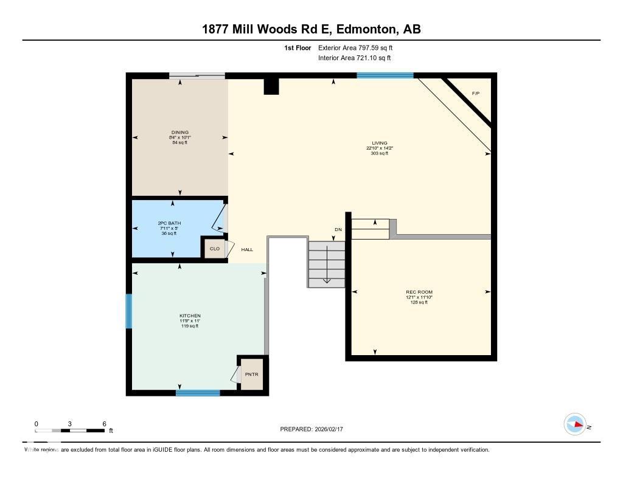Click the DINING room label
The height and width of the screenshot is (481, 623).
point(179,132)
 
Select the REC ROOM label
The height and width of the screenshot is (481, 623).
point(419,292)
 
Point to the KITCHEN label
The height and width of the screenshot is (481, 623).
point(190,316)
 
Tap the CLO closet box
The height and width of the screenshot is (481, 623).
point(214,249)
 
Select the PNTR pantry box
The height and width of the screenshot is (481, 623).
point(251,374)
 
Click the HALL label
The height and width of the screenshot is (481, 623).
point(247,249)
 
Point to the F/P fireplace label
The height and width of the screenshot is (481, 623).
point(476,94)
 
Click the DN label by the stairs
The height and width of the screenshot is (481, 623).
point(338,229)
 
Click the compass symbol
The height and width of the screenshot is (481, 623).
point(575,424)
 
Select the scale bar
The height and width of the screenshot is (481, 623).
point(69,431)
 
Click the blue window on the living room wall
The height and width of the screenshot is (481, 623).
point(385,75)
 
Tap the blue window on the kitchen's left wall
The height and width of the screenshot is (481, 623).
point(128,311)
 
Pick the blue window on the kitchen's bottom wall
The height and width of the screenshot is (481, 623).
point(198,393)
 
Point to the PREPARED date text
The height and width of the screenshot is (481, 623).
point(315,429)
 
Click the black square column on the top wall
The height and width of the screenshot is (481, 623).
point(271,86)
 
